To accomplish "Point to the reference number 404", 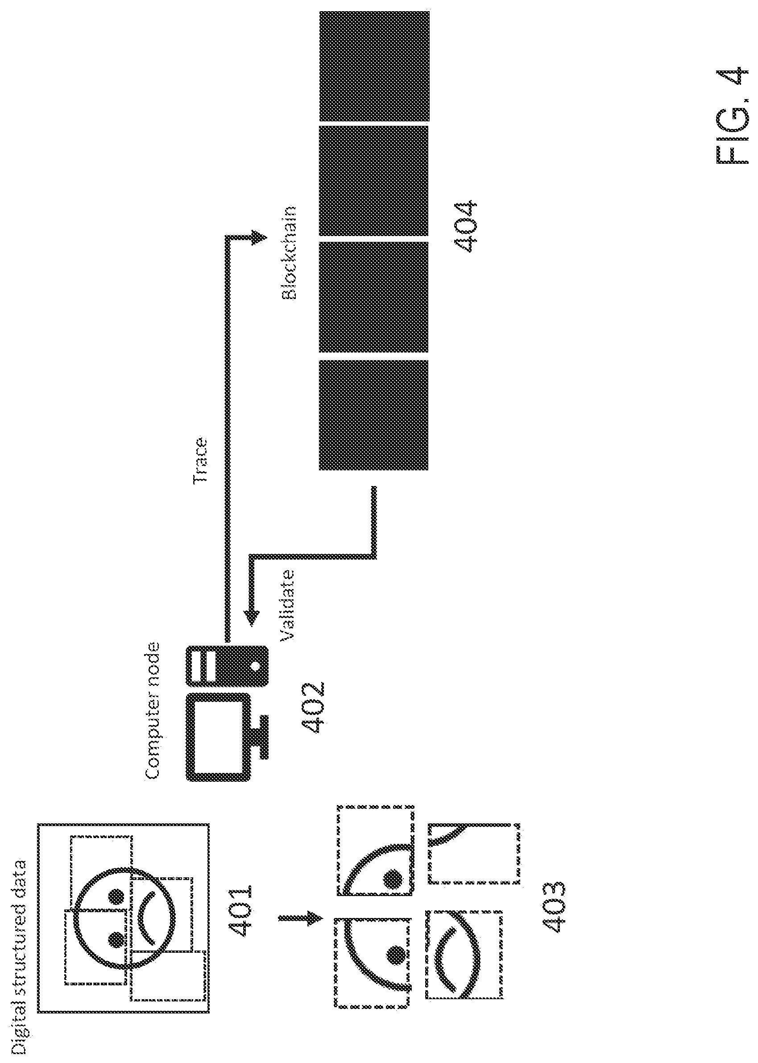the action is click(465, 227).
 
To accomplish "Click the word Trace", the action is click(200, 460).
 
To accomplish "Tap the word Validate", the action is click(287, 605).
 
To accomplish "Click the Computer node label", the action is click(152, 711).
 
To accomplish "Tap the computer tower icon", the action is click(227, 666).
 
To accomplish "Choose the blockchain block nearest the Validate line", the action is click(373, 415).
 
